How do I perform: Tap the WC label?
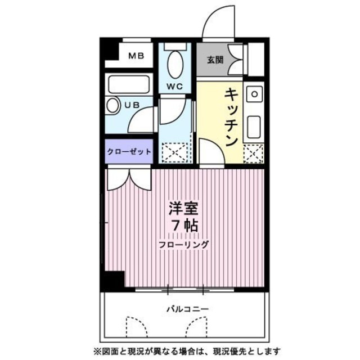(174, 87)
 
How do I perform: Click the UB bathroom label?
(132, 105)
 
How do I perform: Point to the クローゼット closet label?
(129, 152)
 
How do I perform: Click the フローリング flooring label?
(183, 245)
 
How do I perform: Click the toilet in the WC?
(175, 64)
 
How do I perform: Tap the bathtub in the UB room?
(129, 85)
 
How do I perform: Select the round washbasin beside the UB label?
(113, 105)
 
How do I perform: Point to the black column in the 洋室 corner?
(113, 280)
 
